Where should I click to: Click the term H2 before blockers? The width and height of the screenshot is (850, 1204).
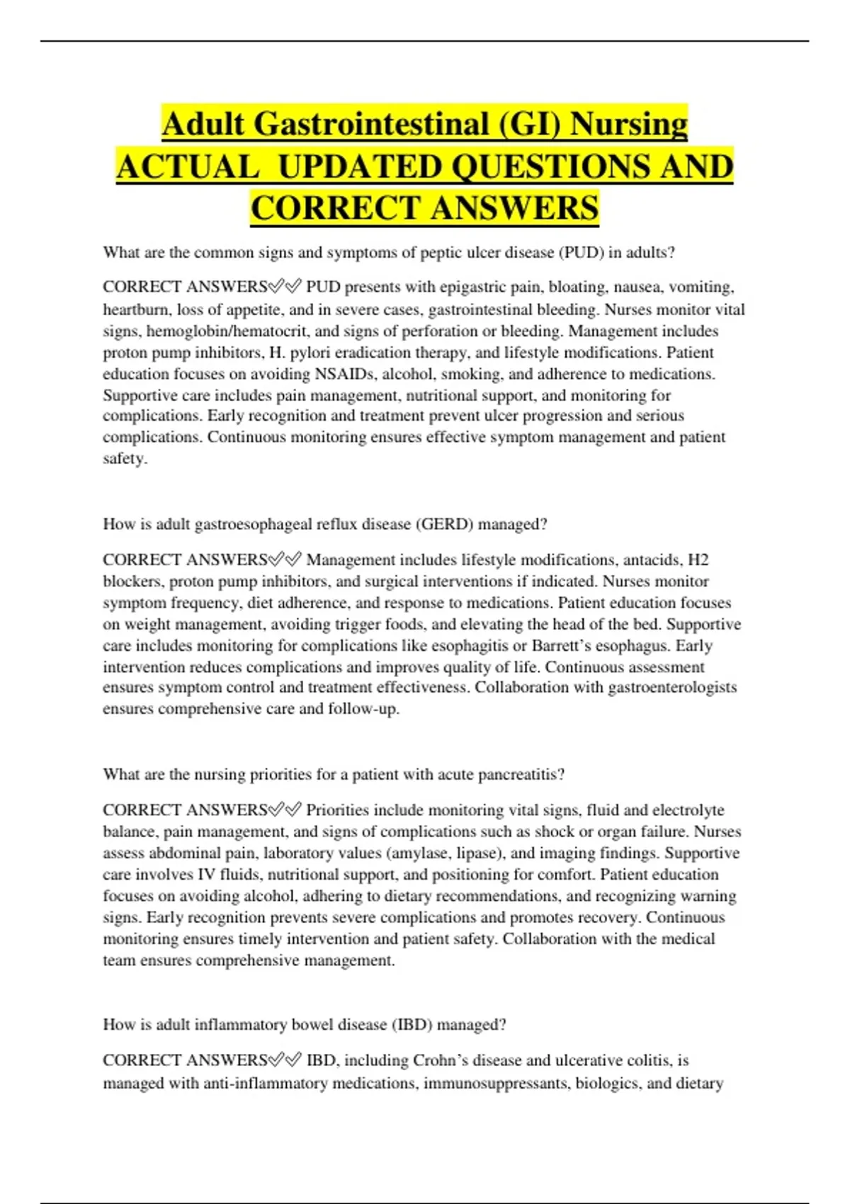pos(698,560)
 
